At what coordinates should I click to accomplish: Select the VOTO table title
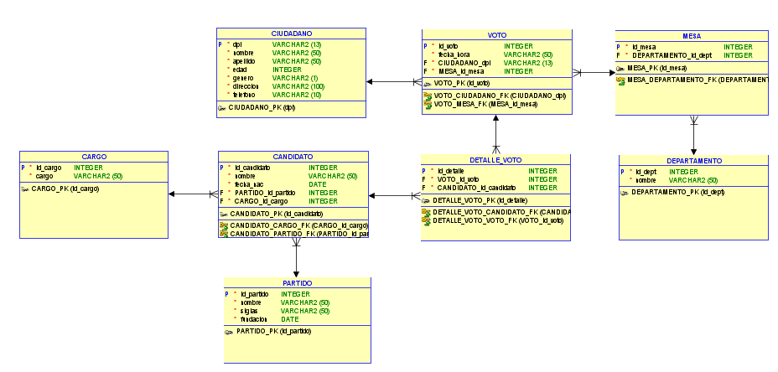(497, 35)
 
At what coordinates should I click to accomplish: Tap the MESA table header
(692, 36)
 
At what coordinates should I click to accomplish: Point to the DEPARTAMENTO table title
(694, 160)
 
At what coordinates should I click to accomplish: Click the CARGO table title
(94, 157)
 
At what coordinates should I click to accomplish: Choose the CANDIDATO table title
(293, 157)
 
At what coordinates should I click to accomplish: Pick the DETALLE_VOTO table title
(496, 159)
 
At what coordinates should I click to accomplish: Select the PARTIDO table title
(297, 283)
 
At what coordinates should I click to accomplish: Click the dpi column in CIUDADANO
(237, 44)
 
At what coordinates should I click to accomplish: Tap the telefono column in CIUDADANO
(245, 95)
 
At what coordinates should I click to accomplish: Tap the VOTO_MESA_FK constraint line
(484, 105)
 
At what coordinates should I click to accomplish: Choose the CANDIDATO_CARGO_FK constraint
(298, 225)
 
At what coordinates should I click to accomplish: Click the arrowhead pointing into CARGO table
(173, 194)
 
